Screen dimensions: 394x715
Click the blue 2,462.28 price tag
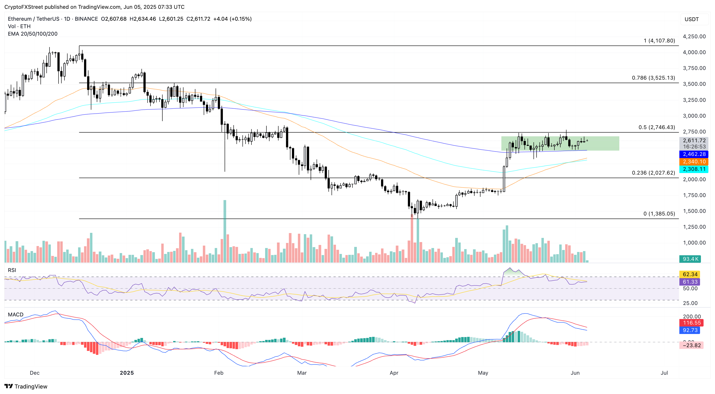pos(694,154)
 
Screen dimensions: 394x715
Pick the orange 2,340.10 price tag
pos(694,161)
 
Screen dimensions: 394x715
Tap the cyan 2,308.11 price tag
pos(694,169)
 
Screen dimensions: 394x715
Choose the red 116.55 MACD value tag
pos(691,323)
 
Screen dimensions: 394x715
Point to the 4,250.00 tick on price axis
pos(694,36)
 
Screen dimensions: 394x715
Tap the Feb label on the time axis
pos(219,373)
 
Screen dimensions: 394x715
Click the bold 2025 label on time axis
pos(127,373)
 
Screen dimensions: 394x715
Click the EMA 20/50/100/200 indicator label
pos(33,34)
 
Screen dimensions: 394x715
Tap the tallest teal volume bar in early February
pos(225,230)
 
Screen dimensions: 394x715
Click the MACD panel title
pos(16,314)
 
